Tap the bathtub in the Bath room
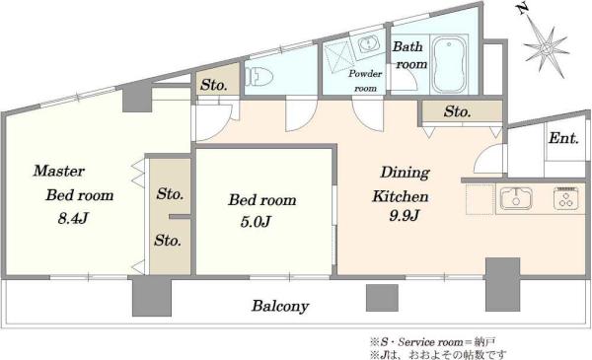449,64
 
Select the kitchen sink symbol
516,198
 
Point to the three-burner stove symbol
566,198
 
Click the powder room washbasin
367,45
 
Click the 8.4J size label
73,218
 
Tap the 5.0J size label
256,222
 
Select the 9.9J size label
404,215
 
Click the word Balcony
280,306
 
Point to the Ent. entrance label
563,138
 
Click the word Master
59,171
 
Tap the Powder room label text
365,81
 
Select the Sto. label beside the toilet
214,85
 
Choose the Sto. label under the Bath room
457,111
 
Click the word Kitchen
401,196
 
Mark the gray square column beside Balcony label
382,298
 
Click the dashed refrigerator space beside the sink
481,199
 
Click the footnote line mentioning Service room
433,342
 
